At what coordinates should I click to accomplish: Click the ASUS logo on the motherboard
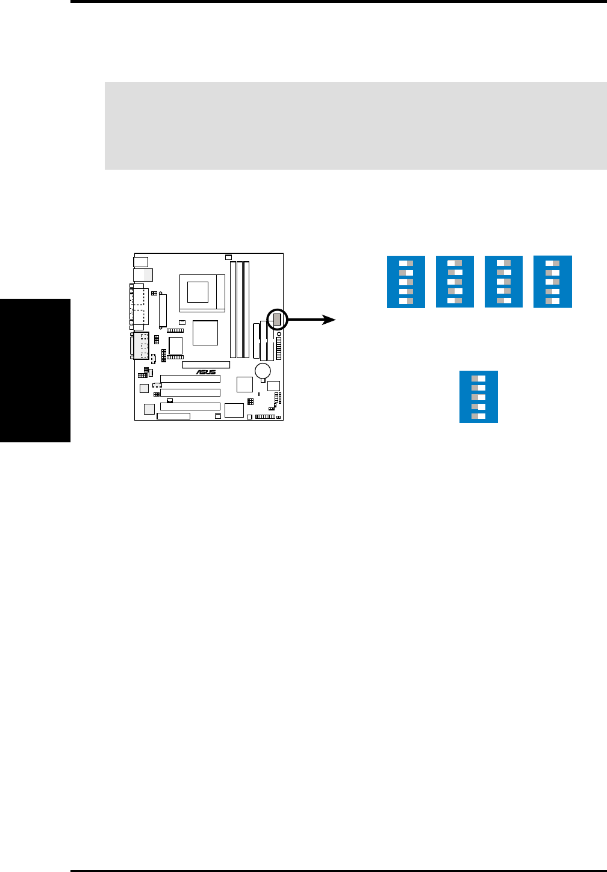(206, 373)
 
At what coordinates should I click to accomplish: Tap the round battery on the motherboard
(263, 371)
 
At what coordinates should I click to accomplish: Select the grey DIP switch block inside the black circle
(277, 320)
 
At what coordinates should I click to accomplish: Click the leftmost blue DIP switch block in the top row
(406, 282)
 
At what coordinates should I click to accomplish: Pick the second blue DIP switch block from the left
(455, 282)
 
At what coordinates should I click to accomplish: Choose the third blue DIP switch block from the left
(503, 282)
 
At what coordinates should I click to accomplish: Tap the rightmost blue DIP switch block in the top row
(552, 282)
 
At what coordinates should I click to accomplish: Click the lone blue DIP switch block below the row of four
(478, 397)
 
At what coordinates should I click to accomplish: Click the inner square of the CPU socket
(197, 292)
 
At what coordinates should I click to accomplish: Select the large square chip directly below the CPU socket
(205, 333)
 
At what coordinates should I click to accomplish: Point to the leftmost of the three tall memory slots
(233, 310)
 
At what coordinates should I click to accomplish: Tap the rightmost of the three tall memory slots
(247, 310)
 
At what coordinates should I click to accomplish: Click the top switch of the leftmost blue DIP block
(406, 264)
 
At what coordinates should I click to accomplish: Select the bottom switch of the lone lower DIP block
(478, 416)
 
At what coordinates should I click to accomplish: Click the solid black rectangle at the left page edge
(35, 370)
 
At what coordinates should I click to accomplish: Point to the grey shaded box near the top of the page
(355, 125)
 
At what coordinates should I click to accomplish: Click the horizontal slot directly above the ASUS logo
(206, 365)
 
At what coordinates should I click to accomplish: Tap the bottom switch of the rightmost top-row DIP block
(552, 301)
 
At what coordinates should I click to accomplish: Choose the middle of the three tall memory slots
(240, 310)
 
